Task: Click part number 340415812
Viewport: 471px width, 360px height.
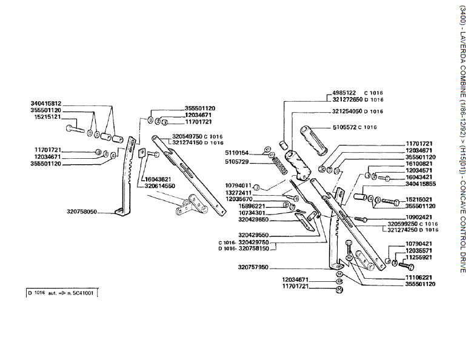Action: pyautogui.click(x=47, y=104)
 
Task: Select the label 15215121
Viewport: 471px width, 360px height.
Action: pyautogui.click(x=47, y=116)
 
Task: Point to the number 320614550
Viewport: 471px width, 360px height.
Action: pyautogui.click(x=160, y=186)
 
